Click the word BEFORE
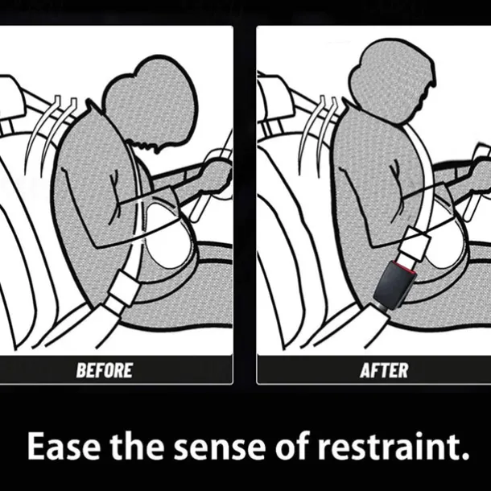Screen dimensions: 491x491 pos(105,370)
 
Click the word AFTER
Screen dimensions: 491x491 pos(384,370)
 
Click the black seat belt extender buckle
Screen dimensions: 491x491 pos(394,285)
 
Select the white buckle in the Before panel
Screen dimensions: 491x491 pos(122,291)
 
